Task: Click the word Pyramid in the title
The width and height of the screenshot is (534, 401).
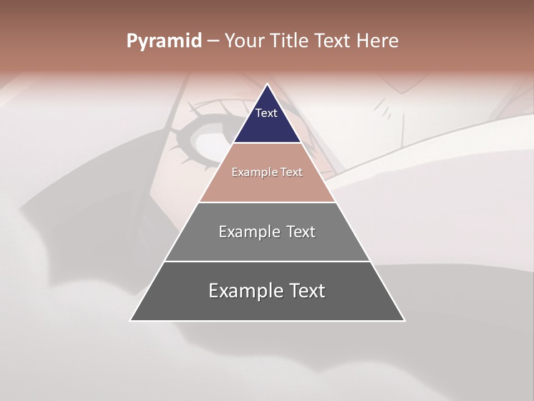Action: click(164, 41)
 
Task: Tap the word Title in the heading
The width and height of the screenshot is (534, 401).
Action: click(289, 41)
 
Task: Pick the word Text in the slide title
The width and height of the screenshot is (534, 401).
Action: click(333, 41)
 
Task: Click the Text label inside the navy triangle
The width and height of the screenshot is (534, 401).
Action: click(266, 113)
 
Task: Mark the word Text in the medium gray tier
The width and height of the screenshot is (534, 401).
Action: click(301, 232)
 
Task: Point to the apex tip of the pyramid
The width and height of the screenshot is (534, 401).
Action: click(267, 85)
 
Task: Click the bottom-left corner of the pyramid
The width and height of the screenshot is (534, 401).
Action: click(131, 320)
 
